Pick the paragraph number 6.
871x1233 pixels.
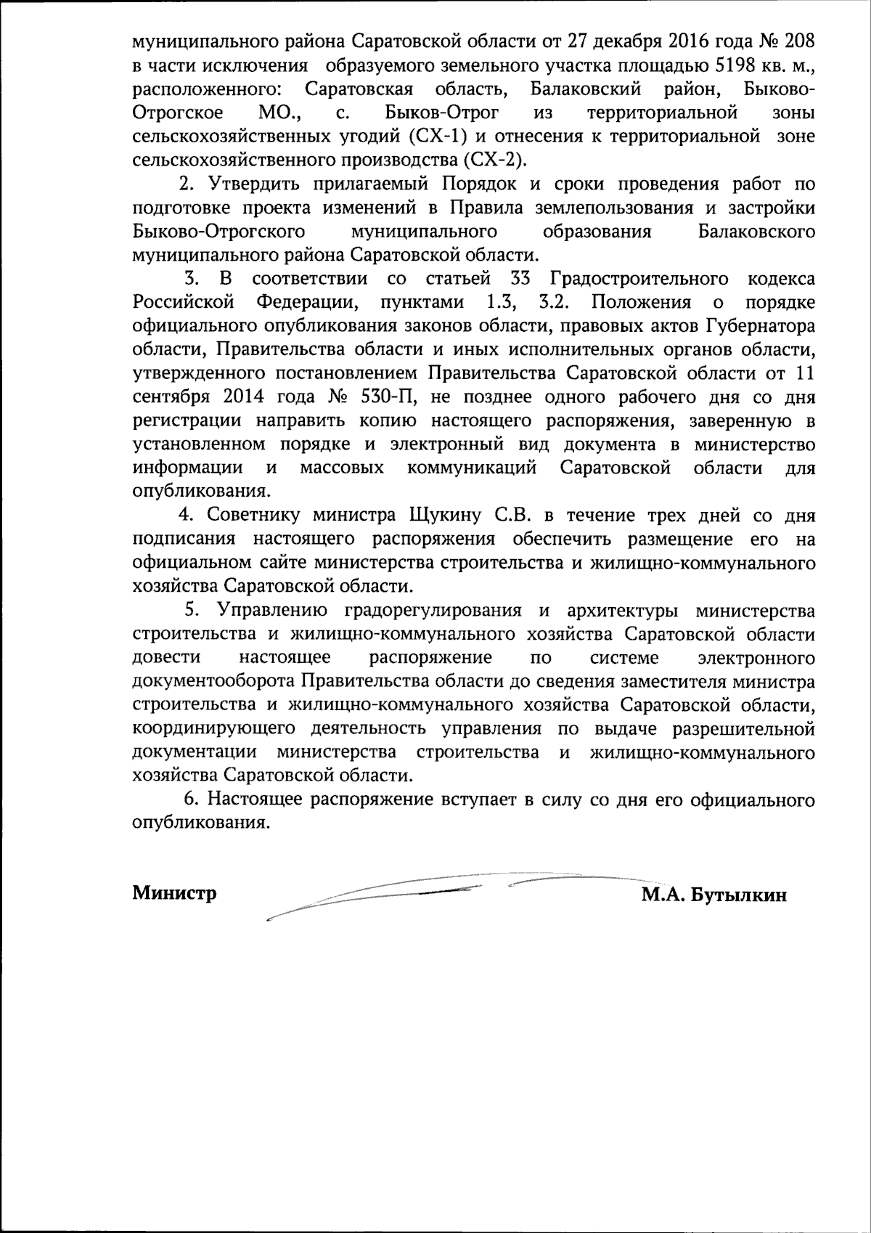click(x=189, y=799)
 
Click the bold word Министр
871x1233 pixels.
click(x=174, y=894)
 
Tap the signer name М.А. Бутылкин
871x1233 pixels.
click(x=713, y=895)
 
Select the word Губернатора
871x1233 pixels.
click(x=759, y=326)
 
